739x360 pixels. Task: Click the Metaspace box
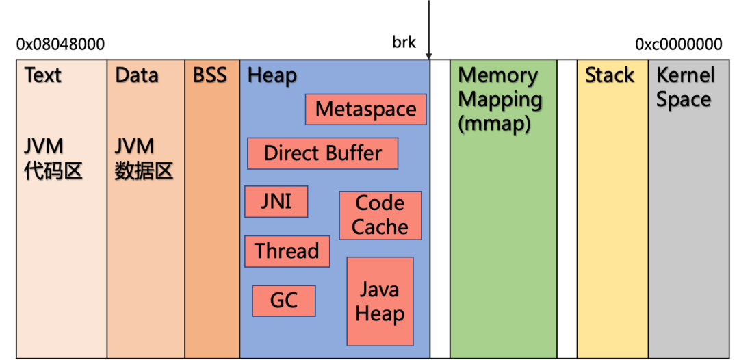point(366,110)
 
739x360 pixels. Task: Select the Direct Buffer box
point(322,153)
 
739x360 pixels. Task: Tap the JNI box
point(276,201)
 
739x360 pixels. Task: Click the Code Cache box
point(380,215)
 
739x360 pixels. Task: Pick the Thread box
point(287,251)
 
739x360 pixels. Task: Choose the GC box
point(284,301)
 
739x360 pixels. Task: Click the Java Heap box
point(380,301)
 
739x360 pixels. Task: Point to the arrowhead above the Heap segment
point(429,55)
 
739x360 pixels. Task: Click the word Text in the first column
point(42,75)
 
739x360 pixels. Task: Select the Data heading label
point(137,75)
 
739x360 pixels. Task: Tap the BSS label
point(209,75)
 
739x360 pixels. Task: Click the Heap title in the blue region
point(272,76)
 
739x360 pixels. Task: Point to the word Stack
point(609,75)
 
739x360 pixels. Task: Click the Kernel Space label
point(685,87)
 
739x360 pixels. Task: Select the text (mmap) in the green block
point(494,125)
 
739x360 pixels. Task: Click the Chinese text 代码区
point(53,170)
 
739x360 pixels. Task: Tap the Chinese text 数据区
point(144,170)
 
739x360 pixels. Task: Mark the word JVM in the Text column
point(44,146)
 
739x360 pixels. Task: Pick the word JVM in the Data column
point(134,146)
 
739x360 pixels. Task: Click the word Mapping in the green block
point(500,100)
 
